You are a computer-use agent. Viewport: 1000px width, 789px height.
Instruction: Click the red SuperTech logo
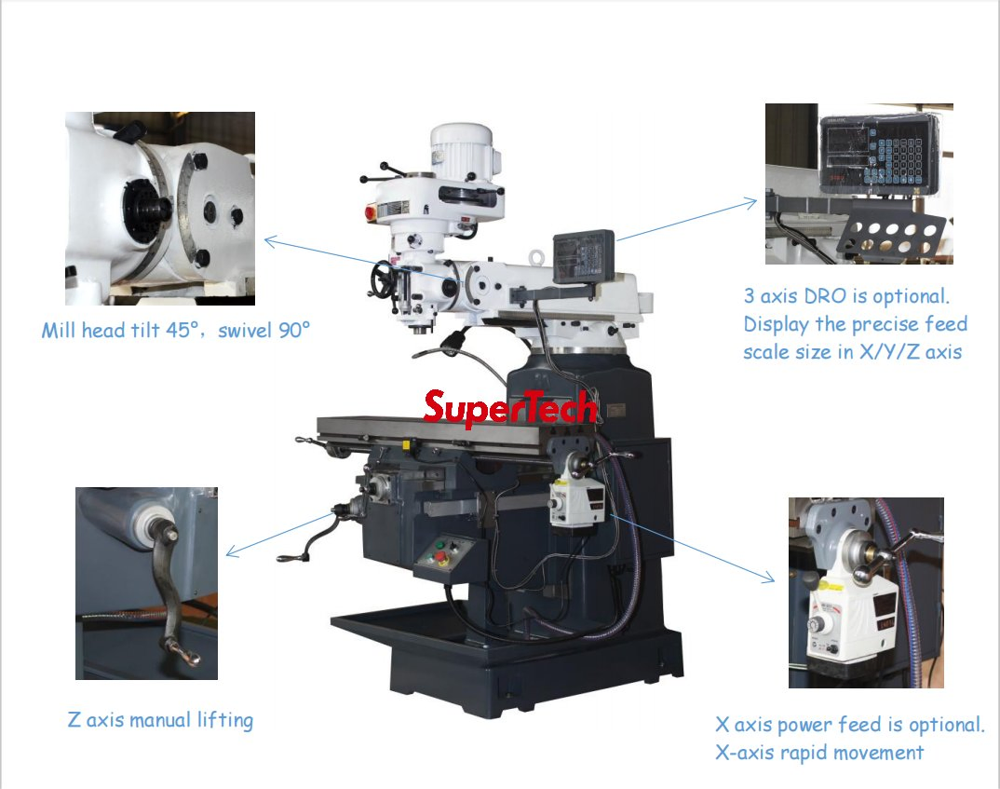511,408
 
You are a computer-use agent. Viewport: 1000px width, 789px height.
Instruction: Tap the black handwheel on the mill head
383,279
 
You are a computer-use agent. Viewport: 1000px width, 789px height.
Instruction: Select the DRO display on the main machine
584,256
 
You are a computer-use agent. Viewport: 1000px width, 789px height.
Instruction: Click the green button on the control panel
439,545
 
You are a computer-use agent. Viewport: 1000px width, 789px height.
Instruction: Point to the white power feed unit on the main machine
576,501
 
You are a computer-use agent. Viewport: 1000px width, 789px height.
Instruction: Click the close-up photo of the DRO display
859,184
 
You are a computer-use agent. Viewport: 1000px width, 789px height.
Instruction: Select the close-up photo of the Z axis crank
147,583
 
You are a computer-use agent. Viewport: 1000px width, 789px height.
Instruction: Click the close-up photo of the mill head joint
160,209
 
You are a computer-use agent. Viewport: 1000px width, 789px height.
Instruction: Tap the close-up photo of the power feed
866,592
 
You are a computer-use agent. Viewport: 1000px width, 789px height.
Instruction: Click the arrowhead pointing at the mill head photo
270,241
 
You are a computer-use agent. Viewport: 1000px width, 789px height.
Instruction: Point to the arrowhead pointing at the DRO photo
750,203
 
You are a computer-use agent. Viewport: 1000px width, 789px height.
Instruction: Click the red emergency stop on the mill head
371,212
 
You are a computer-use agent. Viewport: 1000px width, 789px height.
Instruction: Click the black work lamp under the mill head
453,341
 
